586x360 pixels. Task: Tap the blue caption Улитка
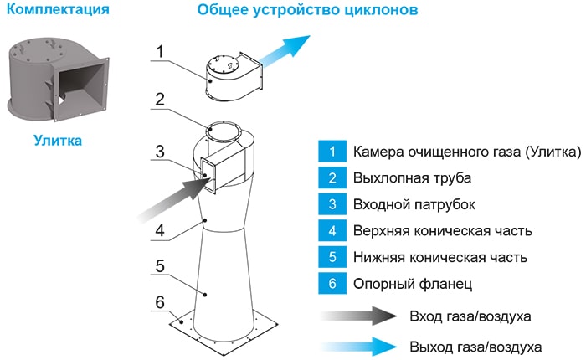point(58,141)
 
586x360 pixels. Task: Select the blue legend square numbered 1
point(332,152)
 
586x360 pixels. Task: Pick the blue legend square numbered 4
point(332,230)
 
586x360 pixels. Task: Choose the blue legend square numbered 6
point(332,283)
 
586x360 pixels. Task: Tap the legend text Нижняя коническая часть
point(442,257)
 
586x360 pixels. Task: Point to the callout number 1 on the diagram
point(162,50)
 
